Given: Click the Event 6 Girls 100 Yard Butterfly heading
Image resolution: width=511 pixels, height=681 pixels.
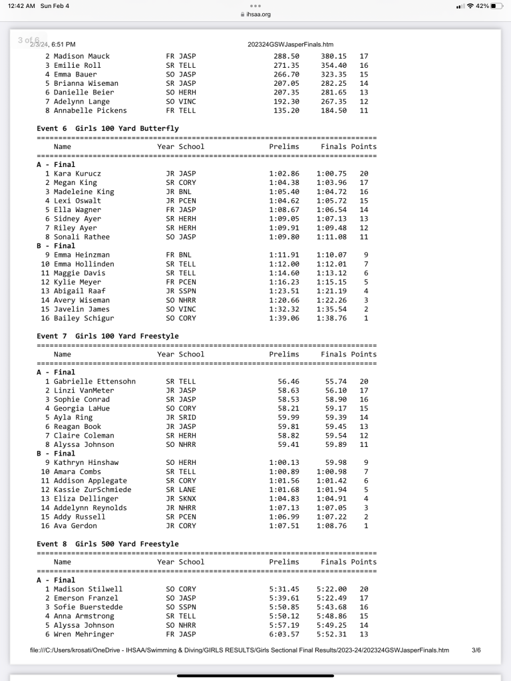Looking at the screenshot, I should click(107, 128).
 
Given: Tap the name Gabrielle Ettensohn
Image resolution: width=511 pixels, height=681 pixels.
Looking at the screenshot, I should click(94, 381).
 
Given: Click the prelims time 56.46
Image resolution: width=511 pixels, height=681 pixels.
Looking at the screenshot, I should click(288, 381).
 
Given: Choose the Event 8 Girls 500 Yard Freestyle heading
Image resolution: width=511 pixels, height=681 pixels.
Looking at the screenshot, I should click(107, 544).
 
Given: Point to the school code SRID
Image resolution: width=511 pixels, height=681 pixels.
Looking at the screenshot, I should click(189, 417).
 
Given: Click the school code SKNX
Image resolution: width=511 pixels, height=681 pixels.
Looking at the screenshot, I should click(189, 499).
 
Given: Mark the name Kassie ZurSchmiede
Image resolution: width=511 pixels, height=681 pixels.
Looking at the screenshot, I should click(92, 489).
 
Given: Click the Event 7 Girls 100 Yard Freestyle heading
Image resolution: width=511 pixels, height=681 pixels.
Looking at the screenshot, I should click(107, 337).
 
